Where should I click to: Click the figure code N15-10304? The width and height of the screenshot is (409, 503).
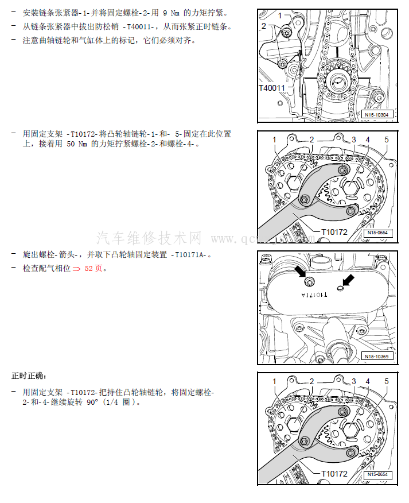pyautogui.click(x=376, y=114)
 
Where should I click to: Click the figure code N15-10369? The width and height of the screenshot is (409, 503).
pyautogui.click(x=376, y=357)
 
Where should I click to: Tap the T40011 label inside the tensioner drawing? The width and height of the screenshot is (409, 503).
pyautogui.click(x=271, y=88)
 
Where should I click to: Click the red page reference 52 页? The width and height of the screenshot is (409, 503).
pyautogui.click(x=94, y=268)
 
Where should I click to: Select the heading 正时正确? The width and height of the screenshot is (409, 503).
pyautogui.click(x=29, y=376)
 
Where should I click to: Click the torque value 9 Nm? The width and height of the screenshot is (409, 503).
pyautogui.click(x=171, y=13)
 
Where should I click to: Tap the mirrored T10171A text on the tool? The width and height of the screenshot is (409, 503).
pyautogui.click(x=314, y=295)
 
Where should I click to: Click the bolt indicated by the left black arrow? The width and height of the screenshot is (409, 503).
pyautogui.click(x=309, y=282)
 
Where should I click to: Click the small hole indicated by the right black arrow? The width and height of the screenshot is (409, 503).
pyautogui.click(x=340, y=288)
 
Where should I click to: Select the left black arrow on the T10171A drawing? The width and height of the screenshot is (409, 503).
pyautogui.click(x=300, y=272)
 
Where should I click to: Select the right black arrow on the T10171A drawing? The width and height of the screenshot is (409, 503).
pyautogui.click(x=349, y=280)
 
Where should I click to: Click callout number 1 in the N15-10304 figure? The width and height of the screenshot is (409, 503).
pyautogui.click(x=280, y=16)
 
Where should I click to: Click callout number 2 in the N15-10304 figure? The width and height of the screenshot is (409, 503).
pyautogui.click(x=264, y=26)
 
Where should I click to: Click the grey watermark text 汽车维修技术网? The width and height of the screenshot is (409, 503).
pyautogui.click(x=149, y=238)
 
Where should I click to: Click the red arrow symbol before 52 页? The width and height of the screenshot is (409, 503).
pyautogui.click(x=76, y=269)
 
